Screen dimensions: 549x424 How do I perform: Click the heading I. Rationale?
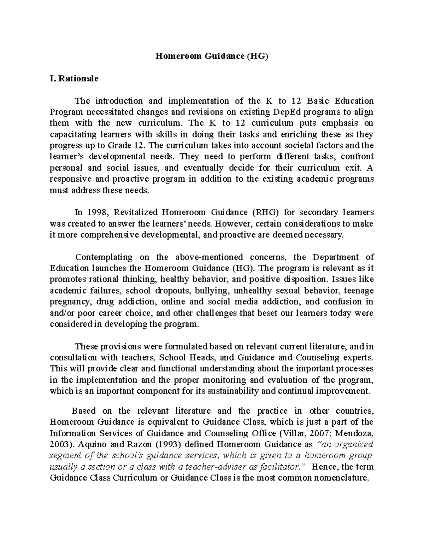point(74,78)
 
